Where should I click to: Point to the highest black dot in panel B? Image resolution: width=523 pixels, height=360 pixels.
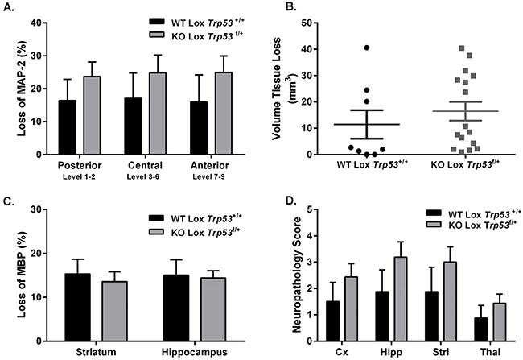click(x=322, y=48)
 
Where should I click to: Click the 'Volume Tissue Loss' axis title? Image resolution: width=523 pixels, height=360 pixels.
click(x=278, y=89)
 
